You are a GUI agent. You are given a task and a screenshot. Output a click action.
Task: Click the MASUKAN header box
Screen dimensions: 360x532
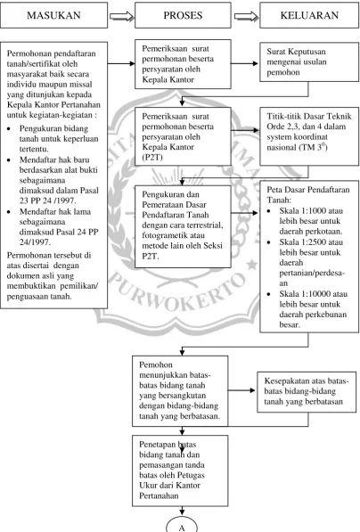[x=54, y=15]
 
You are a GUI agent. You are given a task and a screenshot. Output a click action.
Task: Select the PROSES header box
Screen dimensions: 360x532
[x=183, y=15]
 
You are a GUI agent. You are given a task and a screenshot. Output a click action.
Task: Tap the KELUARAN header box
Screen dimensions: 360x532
[x=309, y=15]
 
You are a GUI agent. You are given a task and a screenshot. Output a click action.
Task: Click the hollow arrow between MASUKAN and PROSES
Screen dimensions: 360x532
[x=121, y=16]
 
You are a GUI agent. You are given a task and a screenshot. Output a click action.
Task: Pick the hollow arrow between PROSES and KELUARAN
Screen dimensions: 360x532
[x=246, y=16]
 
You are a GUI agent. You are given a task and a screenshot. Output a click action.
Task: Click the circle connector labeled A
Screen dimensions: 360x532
[x=182, y=525]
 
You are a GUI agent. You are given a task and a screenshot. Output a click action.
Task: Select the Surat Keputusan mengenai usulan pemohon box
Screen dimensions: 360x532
[x=309, y=61]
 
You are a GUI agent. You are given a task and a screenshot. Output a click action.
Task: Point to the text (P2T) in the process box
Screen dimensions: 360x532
[x=152, y=158]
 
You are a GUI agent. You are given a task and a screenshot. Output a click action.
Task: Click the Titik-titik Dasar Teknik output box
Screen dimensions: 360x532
[x=309, y=136]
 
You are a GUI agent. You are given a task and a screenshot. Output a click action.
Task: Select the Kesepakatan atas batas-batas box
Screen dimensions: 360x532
[x=307, y=392]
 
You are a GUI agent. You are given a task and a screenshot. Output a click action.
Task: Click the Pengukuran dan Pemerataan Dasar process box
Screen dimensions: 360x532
[x=183, y=226]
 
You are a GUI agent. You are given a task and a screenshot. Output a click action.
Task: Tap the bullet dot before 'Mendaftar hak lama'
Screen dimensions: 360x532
[x=9, y=212]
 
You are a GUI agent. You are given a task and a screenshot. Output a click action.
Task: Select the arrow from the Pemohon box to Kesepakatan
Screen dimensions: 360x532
[x=241, y=390]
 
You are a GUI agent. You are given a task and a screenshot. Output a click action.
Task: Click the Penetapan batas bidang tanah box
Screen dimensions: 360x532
[x=180, y=471]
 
